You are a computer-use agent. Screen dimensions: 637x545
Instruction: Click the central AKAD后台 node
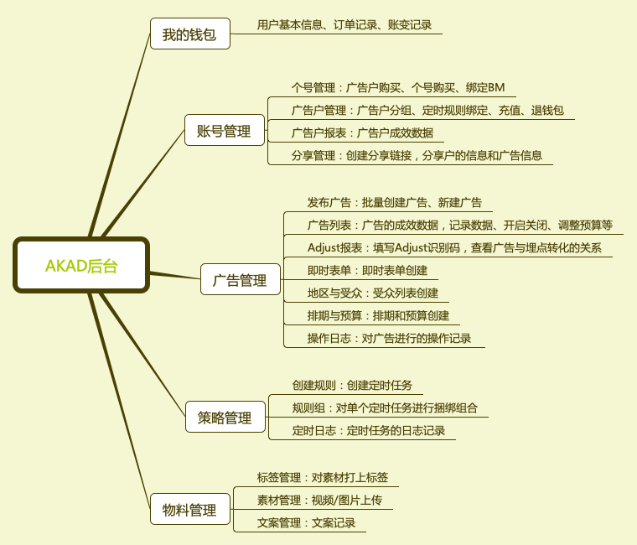[x=81, y=265]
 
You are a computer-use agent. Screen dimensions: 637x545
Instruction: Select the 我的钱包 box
[x=190, y=34]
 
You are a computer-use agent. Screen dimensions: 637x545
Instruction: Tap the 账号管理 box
[x=225, y=130]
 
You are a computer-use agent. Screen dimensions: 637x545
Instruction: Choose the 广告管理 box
[x=241, y=279]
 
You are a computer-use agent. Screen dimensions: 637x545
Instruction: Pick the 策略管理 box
[x=225, y=417]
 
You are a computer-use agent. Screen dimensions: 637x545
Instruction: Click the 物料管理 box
[x=190, y=509]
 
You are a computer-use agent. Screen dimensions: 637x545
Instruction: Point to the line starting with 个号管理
[x=398, y=88]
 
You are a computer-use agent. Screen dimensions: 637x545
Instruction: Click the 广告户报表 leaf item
[x=362, y=133]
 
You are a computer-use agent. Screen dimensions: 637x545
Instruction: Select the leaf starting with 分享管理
[x=417, y=156]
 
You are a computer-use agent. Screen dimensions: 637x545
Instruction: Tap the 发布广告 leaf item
[x=395, y=202]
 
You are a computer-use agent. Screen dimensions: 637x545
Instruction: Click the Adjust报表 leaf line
[x=454, y=248]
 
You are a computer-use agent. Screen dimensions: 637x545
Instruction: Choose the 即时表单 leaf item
[x=367, y=270]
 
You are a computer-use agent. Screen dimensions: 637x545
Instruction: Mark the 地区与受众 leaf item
[x=373, y=293]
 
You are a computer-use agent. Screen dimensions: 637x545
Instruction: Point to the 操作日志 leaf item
[x=389, y=338]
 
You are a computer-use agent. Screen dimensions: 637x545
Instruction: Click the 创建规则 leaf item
[x=352, y=386]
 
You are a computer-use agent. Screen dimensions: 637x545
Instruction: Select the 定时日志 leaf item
[x=369, y=430]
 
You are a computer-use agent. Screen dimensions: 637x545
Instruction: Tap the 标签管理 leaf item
[x=323, y=478]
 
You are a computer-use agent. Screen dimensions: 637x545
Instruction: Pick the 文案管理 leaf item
[x=306, y=522]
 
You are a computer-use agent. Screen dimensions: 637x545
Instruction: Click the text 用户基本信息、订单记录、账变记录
[x=344, y=25]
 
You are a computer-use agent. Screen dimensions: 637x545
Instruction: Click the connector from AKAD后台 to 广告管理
[x=175, y=276]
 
